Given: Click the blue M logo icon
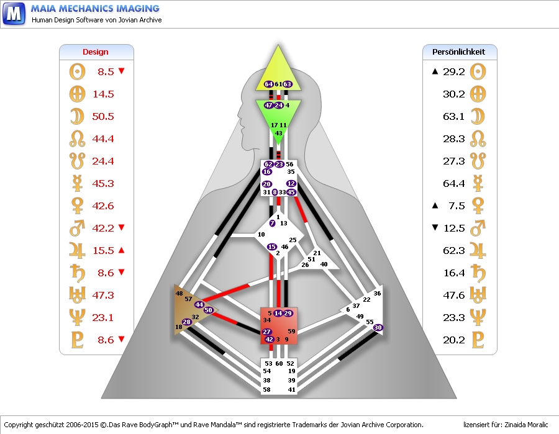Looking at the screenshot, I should point(14,13).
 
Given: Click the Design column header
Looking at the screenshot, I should point(96,52).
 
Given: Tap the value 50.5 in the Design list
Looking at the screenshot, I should point(103,117).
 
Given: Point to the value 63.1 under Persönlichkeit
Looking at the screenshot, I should point(454,117).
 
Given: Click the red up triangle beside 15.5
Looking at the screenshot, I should point(122,250).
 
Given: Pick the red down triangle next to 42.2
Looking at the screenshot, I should point(122,228).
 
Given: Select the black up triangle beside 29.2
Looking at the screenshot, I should point(435,71).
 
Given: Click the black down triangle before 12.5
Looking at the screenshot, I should point(435,228).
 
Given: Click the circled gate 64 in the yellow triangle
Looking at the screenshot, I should point(269,84).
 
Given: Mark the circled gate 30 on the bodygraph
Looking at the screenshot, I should point(378,327).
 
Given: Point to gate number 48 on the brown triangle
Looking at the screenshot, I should point(180,293).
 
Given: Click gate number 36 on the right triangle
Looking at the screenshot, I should point(377,293).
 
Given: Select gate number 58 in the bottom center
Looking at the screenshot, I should point(267,389).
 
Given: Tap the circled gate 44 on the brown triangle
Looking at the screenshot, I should point(199,304).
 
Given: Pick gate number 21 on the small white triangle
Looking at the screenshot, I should point(317,253).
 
